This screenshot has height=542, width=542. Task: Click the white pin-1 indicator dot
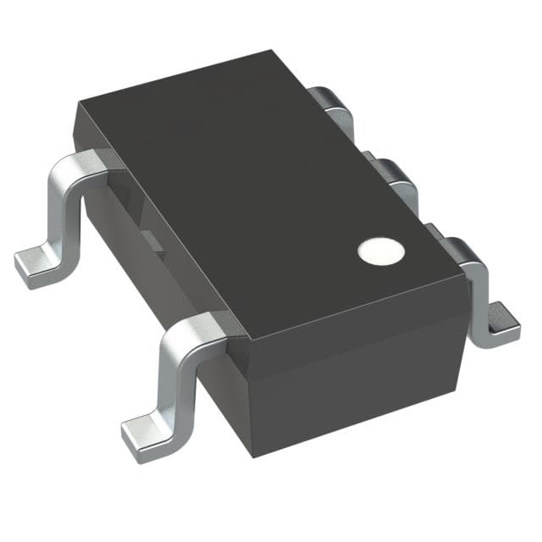click(x=376, y=251)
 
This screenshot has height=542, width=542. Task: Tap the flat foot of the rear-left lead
click(x=38, y=268)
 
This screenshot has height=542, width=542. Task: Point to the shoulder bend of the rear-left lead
click(x=80, y=165)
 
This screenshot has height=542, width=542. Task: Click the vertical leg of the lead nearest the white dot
click(x=481, y=292)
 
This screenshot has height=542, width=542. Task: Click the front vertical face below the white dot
click(x=356, y=373)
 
